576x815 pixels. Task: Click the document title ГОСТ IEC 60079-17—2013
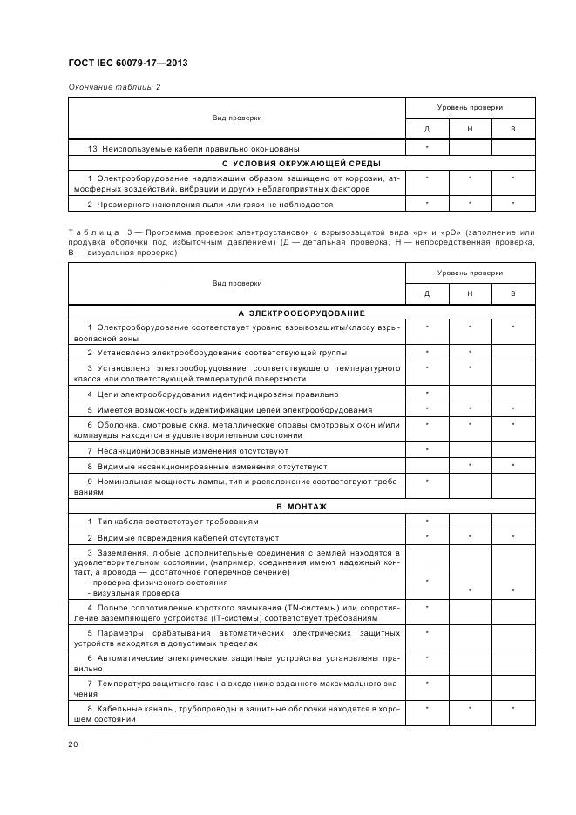(127, 64)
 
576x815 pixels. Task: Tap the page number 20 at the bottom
(73, 744)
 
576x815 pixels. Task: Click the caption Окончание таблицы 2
(114, 87)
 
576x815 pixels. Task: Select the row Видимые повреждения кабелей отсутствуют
(182, 537)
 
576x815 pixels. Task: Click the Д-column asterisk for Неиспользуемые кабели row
(427, 149)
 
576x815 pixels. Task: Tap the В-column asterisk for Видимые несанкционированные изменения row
(513, 466)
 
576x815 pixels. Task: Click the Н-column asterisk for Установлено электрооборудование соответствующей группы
(470, 353)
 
